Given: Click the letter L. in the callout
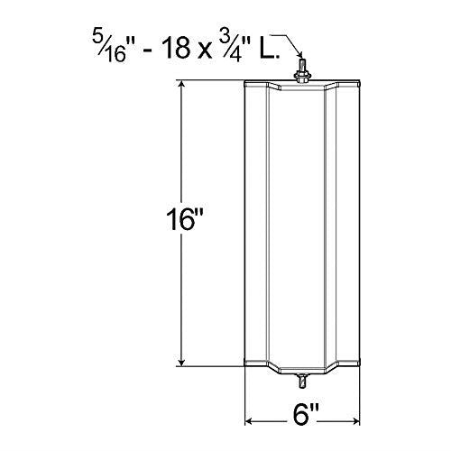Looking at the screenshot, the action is point(268,48).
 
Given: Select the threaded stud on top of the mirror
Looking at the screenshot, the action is point(301,65).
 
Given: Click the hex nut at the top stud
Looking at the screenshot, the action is point(301,77).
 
